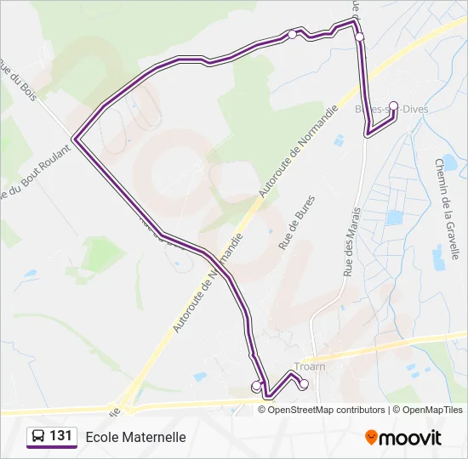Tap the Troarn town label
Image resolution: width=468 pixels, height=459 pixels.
(x=309, y=367)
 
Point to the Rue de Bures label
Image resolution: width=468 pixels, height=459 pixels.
(x=291, y=229)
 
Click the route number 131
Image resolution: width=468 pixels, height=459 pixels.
(x=60, y=436)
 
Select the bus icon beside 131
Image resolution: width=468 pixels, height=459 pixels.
(x=38, y=436)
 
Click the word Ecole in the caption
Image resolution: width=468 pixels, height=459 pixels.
(x=102, y=437)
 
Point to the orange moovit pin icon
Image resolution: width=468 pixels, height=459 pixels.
(x=371, y=438)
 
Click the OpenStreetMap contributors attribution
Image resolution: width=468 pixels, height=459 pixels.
(x=326, y=410)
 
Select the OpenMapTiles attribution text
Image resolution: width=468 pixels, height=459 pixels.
(x=432, y=410)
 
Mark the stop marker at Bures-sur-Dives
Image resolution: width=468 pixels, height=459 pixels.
(x=393, y=106)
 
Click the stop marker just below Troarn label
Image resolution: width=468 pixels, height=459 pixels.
(x=304, y=383)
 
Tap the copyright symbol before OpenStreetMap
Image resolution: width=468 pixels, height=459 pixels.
(x=263, y=410)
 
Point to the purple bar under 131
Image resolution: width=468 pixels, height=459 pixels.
(x=52, y=448)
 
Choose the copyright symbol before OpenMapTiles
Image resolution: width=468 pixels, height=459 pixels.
(x=397, y=410)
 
